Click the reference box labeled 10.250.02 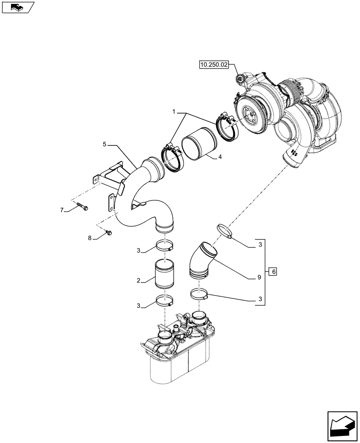(214, 65)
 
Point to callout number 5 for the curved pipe (104, 144)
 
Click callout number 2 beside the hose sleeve (139, 280)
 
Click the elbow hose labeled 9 (202, 261)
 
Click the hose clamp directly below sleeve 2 (164, 302)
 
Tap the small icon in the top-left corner (18, 7)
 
